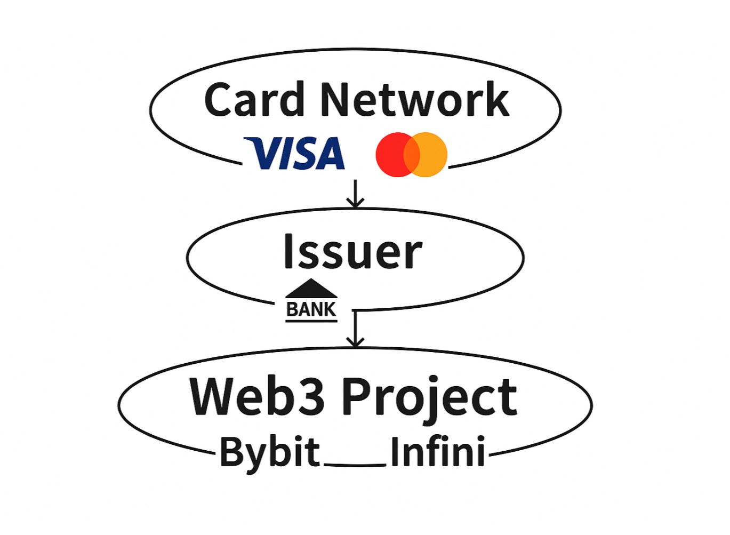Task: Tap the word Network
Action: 414,100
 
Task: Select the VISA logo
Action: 295,154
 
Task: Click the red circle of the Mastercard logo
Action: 392,154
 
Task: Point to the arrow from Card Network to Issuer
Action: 355,194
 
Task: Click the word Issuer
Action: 352,252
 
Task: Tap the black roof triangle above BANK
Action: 311,289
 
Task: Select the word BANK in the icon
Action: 311,309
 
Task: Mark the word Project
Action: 429,398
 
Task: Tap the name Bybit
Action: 270,452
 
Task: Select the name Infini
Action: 437,452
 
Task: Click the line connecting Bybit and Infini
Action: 355,465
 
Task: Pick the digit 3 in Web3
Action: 310,397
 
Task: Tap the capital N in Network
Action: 336,100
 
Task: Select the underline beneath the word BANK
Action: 311,321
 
